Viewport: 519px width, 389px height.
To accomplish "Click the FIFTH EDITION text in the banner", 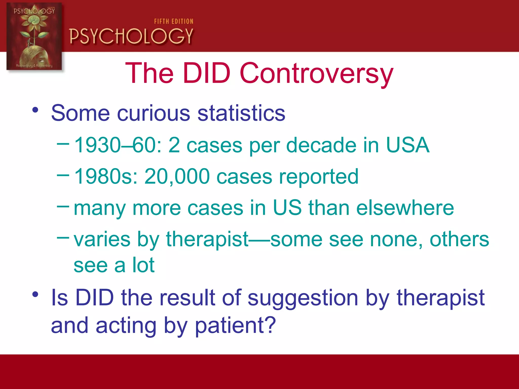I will coord(174,22).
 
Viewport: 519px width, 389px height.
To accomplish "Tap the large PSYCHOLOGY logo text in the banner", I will coord(131,36).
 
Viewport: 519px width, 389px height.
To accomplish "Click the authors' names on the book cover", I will coord(34,66).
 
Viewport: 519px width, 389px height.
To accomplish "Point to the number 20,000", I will coord(177,177).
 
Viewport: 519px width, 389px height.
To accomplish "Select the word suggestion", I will coord(303,298).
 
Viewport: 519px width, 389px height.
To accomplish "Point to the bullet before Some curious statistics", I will coord(35,110).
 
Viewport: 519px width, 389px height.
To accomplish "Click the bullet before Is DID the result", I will coord(35,295).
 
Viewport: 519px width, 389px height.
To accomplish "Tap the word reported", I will coord(319,177).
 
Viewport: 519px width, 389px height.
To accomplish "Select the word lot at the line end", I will coord(143,265).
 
